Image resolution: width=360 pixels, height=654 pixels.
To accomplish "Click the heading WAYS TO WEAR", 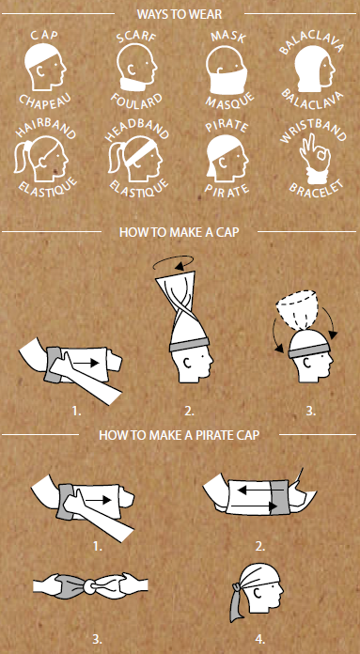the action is click(x=180, y=14).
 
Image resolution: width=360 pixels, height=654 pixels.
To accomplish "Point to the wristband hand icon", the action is click(x=315, y=160).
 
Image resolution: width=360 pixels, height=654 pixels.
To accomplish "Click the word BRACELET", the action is click(x=316, y=190).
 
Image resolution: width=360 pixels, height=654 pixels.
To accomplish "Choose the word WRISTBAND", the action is click(x=313, y=130).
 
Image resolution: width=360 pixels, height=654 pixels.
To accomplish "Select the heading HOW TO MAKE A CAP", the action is click(x=180, y=232).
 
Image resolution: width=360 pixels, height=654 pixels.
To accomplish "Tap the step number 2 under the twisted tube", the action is click(x=189, y=412).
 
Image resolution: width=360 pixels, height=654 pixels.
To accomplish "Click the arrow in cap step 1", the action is click(x=86, y=363).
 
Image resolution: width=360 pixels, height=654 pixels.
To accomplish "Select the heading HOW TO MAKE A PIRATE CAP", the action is click(x=180, y=435).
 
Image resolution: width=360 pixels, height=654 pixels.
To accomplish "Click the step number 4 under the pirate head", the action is click(x=259, y=639).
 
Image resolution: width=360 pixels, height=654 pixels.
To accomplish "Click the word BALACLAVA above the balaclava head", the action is click(x=311, y=44).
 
